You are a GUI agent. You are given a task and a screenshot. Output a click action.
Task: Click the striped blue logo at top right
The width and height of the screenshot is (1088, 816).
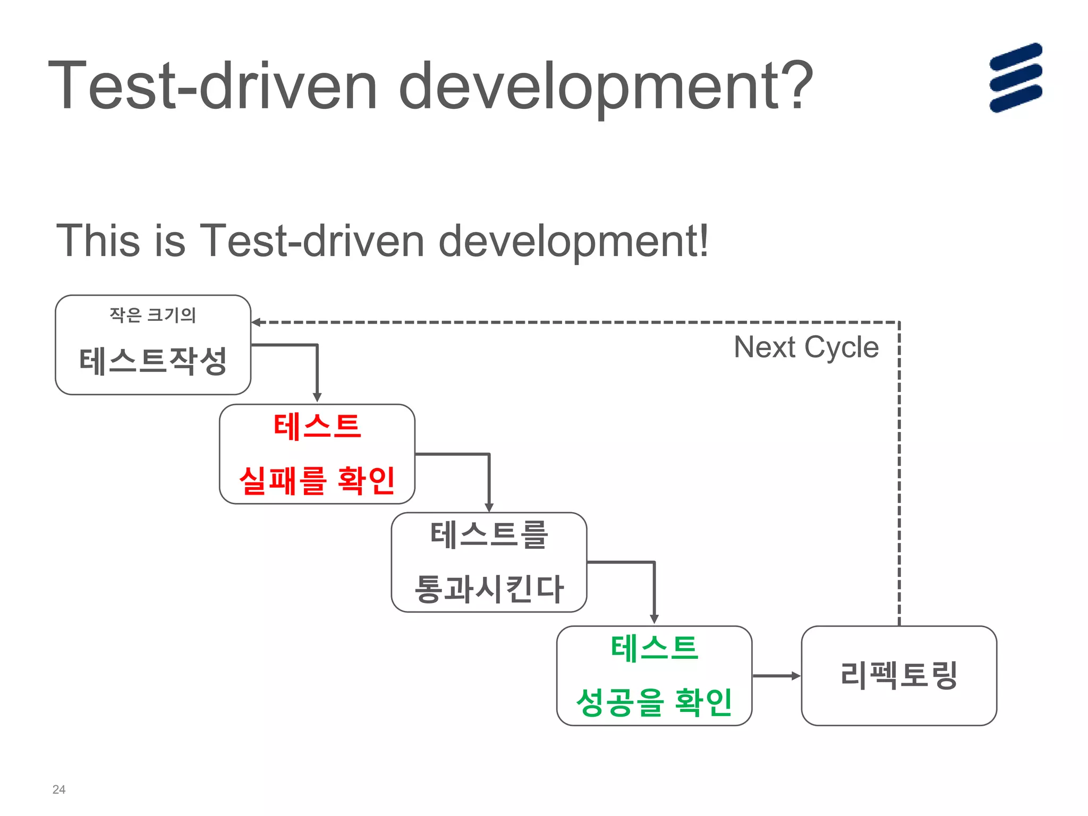click(1015, 78)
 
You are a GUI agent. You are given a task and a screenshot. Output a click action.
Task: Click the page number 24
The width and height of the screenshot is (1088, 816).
click(59, 789)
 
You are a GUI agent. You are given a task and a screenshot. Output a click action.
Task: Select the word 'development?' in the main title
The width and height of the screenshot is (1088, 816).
click(606, 87)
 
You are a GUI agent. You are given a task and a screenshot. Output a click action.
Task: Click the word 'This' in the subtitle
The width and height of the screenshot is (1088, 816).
click(98, 241)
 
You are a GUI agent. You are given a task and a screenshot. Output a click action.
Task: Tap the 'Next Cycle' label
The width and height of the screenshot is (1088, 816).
click(806, 347)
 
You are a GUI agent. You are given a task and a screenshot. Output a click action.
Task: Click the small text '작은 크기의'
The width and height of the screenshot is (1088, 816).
click(153, 315)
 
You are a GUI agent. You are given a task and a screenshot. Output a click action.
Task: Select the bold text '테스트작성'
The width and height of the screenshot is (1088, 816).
click(153, 361)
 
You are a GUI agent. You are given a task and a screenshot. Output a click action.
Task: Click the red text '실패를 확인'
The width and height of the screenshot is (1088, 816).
click(317, 481)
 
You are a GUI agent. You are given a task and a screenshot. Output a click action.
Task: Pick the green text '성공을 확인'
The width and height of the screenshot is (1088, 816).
click(654, 702)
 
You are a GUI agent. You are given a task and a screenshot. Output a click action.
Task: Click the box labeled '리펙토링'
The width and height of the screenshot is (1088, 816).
click(899, 676)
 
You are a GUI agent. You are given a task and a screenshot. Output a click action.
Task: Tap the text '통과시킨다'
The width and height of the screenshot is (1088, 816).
click(489, 589)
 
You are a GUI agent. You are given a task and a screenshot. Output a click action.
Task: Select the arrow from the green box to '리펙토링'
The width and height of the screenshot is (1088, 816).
click(777, 676)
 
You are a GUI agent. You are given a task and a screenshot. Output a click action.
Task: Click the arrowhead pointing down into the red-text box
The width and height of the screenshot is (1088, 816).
click(317, 397)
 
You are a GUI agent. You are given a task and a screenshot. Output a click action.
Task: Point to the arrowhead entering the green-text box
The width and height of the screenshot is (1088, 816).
click(654, 619)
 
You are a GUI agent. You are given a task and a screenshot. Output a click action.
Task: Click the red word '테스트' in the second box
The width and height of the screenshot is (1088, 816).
click(317, 426)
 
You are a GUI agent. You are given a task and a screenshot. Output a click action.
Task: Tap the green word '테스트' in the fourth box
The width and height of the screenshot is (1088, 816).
click(654, 648)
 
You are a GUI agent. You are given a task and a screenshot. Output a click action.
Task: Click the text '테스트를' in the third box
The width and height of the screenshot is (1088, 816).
click(489, 534)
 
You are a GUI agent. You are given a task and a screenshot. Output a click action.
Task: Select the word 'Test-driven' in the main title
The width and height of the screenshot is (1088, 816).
click(212, 87)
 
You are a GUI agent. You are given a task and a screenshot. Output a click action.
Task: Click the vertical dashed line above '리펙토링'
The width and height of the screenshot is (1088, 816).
click(899, 478)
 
